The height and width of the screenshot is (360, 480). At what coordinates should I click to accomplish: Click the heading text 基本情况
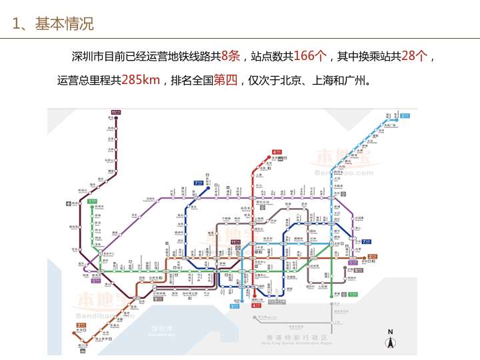pyautogui.click(x=65, y=24)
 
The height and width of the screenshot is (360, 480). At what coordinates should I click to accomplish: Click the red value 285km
pyautogui.click(x=141, y=81)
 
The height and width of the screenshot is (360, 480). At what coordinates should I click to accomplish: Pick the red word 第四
pyautogui.click(x=225, y=81)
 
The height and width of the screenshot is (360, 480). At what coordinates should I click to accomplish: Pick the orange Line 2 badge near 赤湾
pyautogui.click(x=81, y=325)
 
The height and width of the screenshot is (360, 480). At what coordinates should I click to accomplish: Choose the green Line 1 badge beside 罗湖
pyautogui.click(x=353, y=294)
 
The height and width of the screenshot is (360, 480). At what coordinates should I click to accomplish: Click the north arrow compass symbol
pyautogui.click(x=391, y=343)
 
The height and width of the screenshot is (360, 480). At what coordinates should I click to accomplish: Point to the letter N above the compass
pyautogui.click(x=391, y=332)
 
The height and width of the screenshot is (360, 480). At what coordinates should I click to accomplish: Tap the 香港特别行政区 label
pyautogui.click(x=290, y=337)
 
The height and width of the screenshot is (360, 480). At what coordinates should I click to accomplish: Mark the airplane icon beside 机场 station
pyautogui.click(x=67, y=203)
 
